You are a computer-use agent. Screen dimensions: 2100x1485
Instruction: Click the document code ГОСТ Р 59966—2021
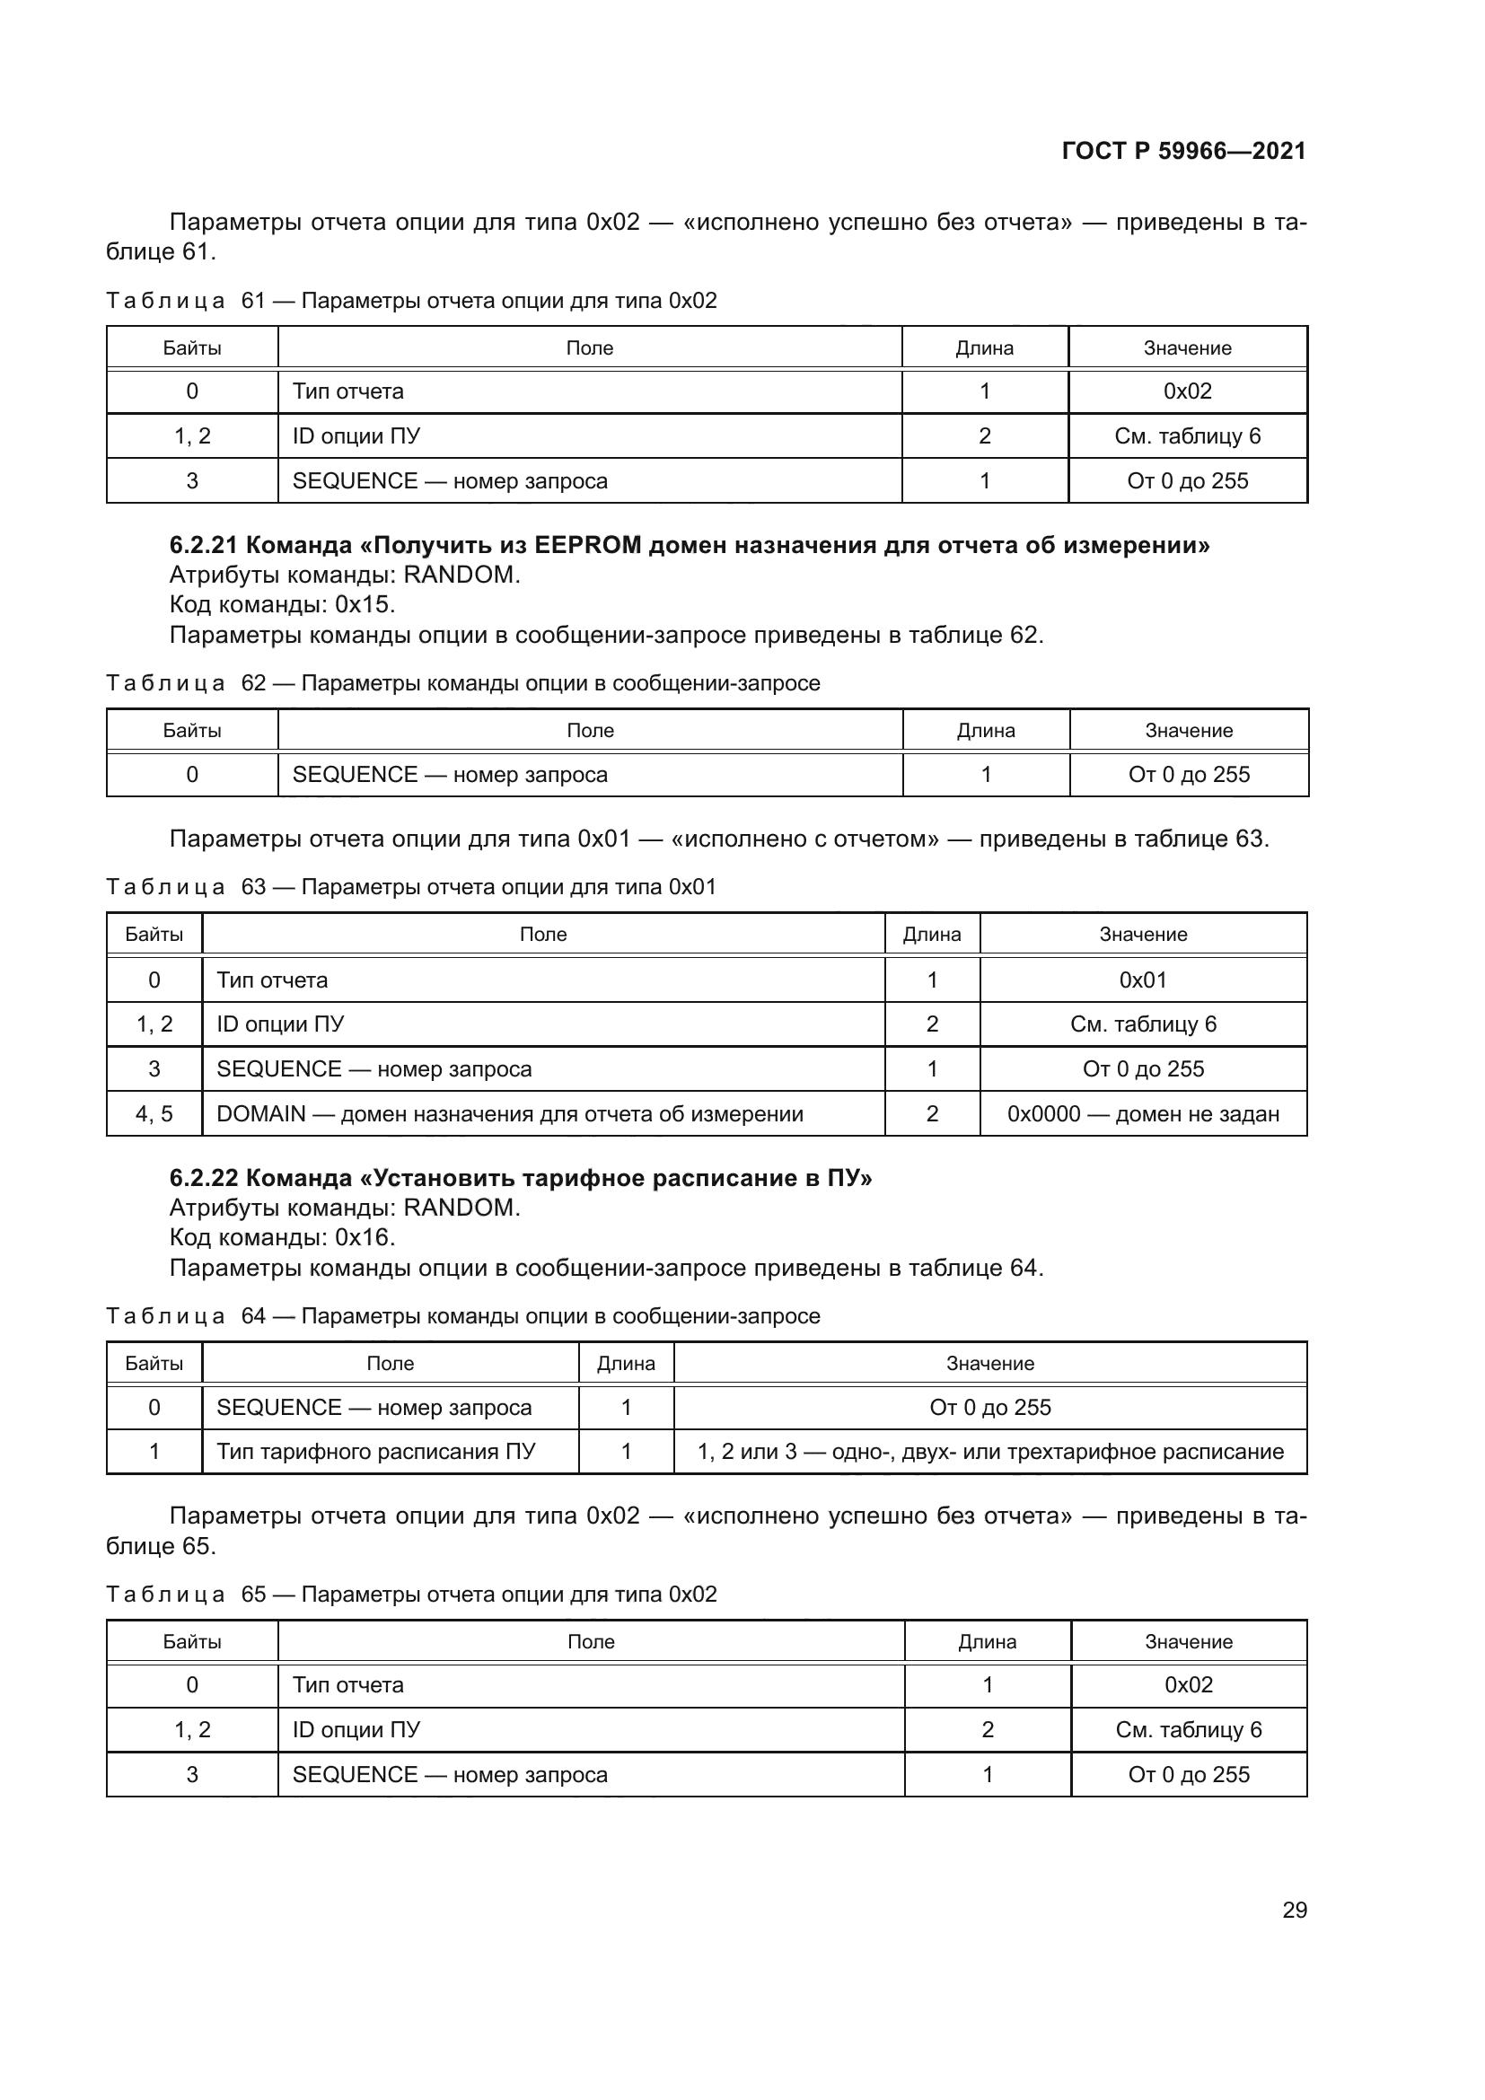(x=1183, y=151)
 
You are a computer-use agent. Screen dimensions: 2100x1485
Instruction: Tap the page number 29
(x=1294, y=1910)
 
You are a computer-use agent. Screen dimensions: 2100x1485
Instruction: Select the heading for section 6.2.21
(x=689, y=545)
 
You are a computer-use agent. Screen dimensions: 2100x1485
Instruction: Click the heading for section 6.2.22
(x=521, y=1178)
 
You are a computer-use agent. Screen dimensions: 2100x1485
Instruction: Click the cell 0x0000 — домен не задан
(x=1142, y=1114)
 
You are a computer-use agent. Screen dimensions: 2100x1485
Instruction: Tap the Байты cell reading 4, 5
(x=154, y=1114)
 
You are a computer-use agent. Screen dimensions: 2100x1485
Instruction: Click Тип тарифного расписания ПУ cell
(x=376, y=1452)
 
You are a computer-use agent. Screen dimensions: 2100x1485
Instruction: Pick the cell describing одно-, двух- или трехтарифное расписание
(x=989, y=1452)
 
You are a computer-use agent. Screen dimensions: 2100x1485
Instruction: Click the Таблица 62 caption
(x=462, y=683)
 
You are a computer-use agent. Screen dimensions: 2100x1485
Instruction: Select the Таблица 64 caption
(x=462, y=1316)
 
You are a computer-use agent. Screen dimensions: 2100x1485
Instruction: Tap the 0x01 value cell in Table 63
(x=1142, y=980)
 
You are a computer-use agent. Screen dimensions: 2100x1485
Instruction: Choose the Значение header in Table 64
(x=989, y=1364)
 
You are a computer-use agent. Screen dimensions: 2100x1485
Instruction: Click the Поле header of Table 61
(x=589, y=348)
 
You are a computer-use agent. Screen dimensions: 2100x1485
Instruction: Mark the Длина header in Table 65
(x=987, y=1642)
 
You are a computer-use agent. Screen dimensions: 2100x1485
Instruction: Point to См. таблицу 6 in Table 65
(x=1188, y=1729)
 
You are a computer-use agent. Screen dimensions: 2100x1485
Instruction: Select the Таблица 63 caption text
(x=411, y=887)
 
